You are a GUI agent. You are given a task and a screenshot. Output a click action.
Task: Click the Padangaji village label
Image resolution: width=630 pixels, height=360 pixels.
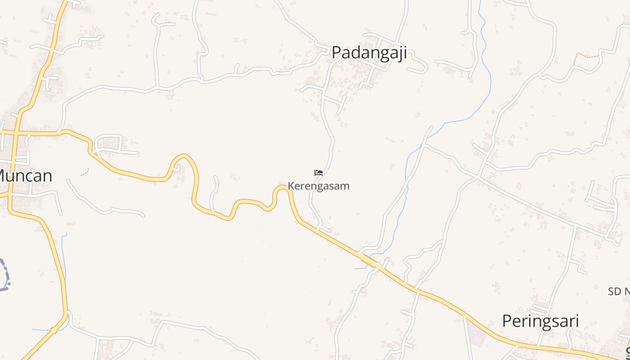point(369,53)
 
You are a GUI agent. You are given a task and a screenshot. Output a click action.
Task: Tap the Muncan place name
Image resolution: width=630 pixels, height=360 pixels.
point(25,175)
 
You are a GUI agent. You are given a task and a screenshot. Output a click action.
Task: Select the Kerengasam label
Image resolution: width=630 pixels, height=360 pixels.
point(319,186)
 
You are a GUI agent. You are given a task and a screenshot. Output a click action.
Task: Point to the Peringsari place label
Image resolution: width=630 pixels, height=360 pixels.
point(540,321)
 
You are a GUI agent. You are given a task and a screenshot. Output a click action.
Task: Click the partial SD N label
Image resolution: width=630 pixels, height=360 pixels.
point(619,292)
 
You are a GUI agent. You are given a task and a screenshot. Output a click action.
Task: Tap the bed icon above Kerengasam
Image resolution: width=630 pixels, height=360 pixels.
point(319,173)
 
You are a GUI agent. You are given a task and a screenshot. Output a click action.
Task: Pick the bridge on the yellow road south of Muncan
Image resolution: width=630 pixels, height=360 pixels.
point(54,330)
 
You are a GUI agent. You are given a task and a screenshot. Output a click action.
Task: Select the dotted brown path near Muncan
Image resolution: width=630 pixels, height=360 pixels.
point(85,172)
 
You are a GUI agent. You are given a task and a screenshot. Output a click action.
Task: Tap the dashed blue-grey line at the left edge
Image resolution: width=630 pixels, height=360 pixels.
point(5,274)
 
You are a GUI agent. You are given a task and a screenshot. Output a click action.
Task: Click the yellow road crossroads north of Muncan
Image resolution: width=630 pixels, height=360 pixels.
point(15,133)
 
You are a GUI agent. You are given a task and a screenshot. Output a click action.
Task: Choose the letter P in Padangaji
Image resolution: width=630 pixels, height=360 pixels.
point(337,53)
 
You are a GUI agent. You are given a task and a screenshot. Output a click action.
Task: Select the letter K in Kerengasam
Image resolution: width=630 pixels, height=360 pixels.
point(291,186)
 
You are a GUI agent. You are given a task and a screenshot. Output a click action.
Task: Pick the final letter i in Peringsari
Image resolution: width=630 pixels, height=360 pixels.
point(577,321)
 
